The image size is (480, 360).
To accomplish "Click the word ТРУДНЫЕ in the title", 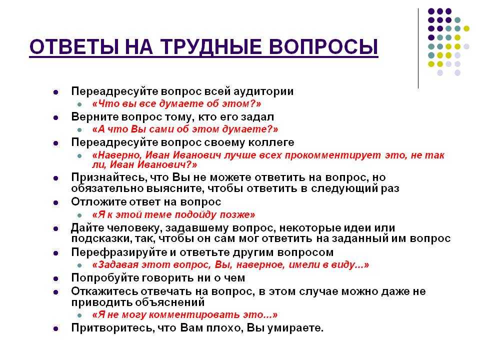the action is tap(211, 47).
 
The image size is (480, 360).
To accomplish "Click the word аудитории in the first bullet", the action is tap(263, 91).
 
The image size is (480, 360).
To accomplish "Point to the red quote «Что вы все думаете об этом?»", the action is tap(176, 104).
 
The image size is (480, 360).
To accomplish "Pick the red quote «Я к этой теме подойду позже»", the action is tap(173, 214).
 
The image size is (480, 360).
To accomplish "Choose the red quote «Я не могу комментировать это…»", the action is tap(185, 314).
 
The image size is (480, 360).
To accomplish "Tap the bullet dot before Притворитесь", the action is tap(55, 329).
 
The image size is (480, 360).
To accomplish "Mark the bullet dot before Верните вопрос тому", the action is tap(55, 117).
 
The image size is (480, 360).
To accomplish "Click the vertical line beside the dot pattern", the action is tap(418, 48).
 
